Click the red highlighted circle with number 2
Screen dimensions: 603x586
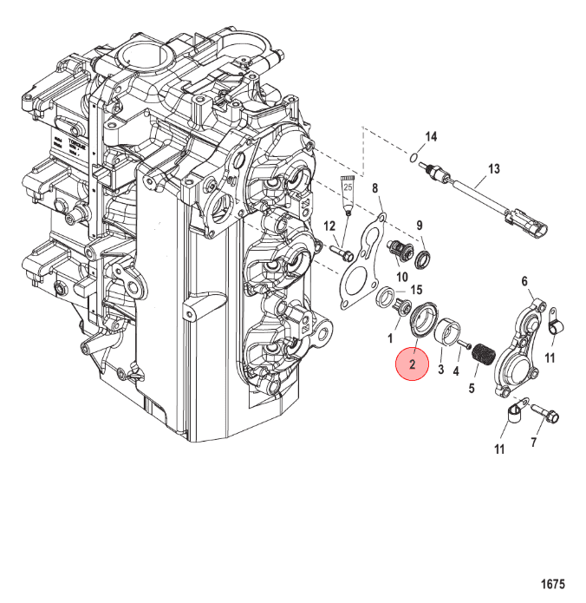point(413,365)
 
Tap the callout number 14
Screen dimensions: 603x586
point(431,138)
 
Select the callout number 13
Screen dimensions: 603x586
point(495,168)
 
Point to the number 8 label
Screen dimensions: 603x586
point(375,188)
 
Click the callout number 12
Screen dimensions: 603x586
point(329,226)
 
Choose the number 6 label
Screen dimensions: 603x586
point(524,281)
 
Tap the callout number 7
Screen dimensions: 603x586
point(533,442)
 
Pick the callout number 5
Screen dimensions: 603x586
point(472,389)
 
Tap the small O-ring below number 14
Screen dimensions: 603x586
point(417,156)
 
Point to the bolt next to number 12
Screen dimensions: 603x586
point(342,252)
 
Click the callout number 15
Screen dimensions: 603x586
point(416,290)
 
